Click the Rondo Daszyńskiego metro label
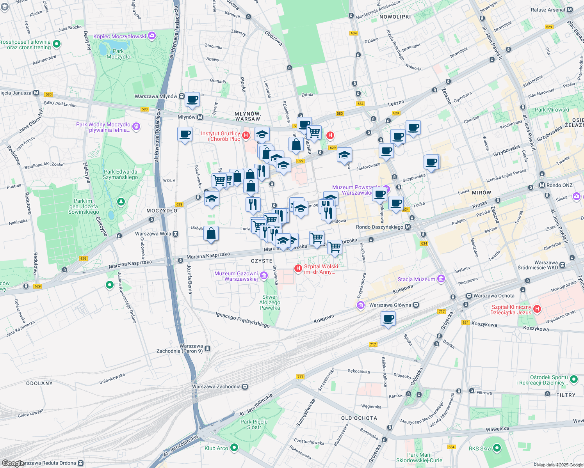coord(379,227)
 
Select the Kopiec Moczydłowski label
coord(119,36)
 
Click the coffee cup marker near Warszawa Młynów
coord(192,99)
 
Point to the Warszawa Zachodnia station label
coord(216,386)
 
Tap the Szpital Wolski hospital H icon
coord(298,268)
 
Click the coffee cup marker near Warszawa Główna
coord(388,319)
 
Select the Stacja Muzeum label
coord(416,279)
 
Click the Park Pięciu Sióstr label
coord(254,424)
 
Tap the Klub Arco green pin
coord(234,448)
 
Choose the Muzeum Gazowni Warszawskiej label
coord(236,276)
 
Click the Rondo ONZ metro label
coord(559,185)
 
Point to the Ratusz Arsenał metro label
coord(548,10)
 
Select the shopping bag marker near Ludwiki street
coord(211,234)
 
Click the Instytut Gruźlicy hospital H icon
coord(246,135)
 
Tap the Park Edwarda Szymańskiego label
coord(120,174)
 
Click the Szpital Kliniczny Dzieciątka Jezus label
coord(511,310)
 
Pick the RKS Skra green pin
coord(497,448)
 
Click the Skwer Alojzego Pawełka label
coord(270,302)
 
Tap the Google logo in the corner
coord(13,463)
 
